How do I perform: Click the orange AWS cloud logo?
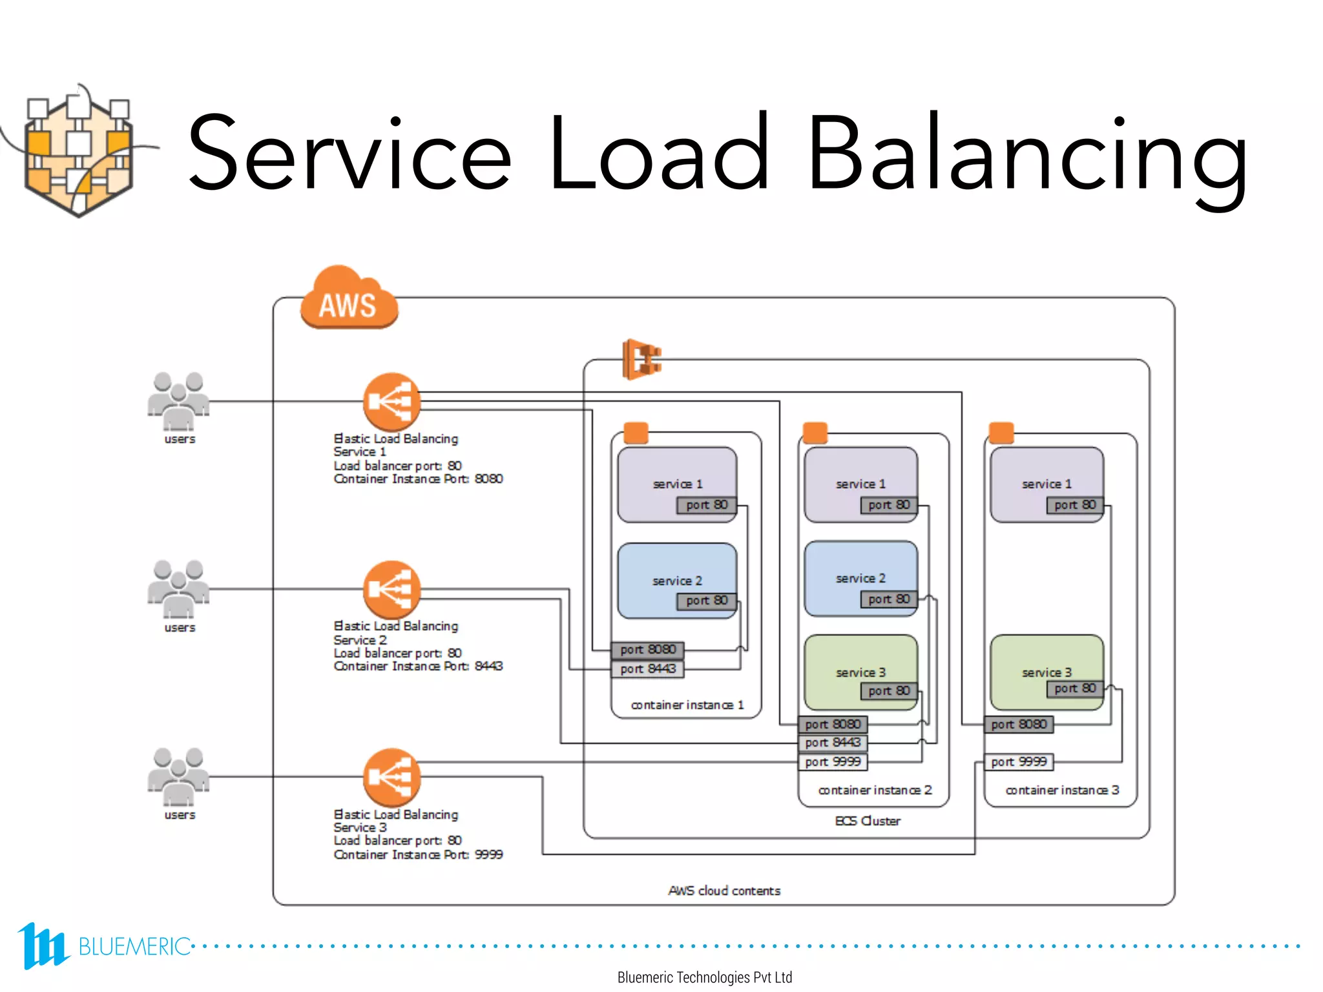(x=349, y=300)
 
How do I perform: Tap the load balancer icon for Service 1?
(x=391, y=402)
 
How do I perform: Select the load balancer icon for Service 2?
(x=391, y=589)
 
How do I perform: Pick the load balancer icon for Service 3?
(x=391, y=777)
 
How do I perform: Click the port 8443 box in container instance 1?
(x=647, y=669)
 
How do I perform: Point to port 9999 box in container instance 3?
(x=1019, y=762)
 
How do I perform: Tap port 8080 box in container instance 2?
(x=833, y=725)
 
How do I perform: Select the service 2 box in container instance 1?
(x=676, y=580)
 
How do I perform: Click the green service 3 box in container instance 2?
(x=860, y=672)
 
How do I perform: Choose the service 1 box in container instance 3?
(x=1047, y=484)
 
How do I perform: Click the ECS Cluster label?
(x=867, y=821)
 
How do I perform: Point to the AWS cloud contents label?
(x=724, y=891)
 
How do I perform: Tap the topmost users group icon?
(x=178, y=400)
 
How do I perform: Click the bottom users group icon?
(x=178, y=777)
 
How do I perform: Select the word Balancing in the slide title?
(x=1027, y=155)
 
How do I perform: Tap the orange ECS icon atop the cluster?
(x=641, y=358)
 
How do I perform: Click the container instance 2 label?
(x=875, y=790)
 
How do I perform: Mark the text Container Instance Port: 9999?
(x=418, y=854)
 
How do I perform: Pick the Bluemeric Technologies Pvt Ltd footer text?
(x=704, y=977)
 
